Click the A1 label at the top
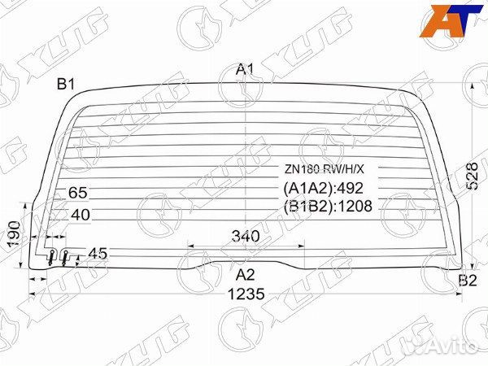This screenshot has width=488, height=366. coord(246,69)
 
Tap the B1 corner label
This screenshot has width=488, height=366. coord(66,84)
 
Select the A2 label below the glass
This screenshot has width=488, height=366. coord(246,275)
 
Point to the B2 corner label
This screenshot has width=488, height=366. coord(468,281)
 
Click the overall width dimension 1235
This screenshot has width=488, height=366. coord(246,294)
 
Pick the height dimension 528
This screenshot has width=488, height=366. coord(472,176)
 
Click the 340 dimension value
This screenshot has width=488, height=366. coord(246,236)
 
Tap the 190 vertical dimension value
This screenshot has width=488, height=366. coord(15,234)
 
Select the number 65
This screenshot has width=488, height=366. coord(78,193)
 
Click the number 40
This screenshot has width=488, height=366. coord(81,215)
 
